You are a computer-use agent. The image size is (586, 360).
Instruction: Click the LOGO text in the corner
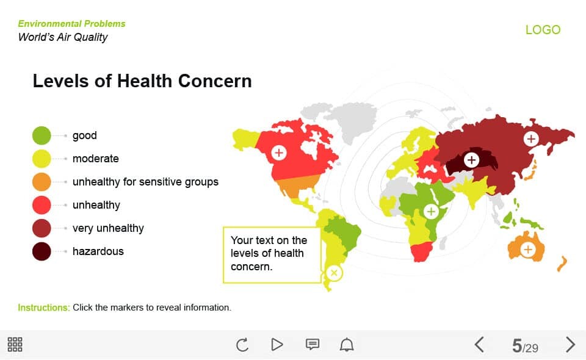(x=543, y=30)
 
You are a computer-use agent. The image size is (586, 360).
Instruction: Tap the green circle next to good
(x=42, y=135)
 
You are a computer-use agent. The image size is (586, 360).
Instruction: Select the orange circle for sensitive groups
(x=42, y=182)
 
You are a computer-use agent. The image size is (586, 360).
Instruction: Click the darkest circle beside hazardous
(x=42, y=251)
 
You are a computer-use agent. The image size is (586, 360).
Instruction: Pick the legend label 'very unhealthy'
(x=108, y=228)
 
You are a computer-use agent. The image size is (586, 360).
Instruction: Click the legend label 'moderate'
(x=96, y=159)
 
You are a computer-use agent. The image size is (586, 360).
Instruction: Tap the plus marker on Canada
(x=279, y=153)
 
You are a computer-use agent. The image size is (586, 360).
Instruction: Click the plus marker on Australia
(x=528, y=249)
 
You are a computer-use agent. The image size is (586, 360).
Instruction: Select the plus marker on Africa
(x=431, y=211)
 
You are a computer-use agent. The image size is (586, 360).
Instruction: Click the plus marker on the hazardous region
(x=472, y=160)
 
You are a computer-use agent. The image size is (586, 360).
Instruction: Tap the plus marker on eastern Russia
(x=531, y=139)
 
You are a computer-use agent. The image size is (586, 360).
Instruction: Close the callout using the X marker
(x=334, y=273)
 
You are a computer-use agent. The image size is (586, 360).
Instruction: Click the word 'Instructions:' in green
(x=44, y=308)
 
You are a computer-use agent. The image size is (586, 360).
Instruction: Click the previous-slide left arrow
(x=480, y=345)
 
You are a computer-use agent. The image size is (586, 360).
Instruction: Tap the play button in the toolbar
(x=277, y=345)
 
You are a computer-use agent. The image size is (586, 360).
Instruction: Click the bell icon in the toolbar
(x=347, y=345)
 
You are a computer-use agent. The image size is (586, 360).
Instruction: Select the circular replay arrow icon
(x=242, y=345)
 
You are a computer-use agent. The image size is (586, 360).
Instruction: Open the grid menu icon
(x=15, y=345)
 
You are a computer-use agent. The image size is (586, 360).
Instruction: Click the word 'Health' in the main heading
(x=145, y=81)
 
